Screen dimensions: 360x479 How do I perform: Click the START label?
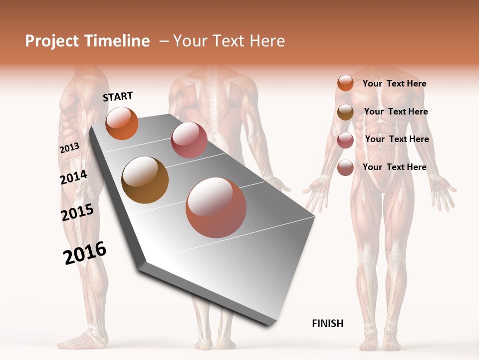click(x=118, y=96)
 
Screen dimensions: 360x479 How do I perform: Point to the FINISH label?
click(x=328, y=323)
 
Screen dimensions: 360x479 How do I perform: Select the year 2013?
click(x=69, y=148)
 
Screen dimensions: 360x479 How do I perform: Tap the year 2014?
click(x=73, y=177)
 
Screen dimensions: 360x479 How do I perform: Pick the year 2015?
click(x=77, y=213)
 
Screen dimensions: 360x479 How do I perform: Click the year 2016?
click(x=85, y=252)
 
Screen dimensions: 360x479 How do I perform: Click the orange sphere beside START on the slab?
click(x=122, y=123)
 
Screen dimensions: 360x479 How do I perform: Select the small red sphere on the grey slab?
click(x=189, y=140)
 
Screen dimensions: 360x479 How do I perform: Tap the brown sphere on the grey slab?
click(x=145, y=180)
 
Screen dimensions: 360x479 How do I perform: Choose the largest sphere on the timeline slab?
click(x=216, y=207)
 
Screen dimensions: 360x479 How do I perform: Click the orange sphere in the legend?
click(x=345, y=83)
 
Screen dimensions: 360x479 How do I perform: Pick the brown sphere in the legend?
click(x=345, y=112)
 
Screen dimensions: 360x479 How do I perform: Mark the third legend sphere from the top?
click(x=345, y=140)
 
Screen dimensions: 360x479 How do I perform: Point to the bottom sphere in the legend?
click(x=345, y=167)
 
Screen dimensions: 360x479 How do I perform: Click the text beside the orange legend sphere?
click(x=394, y=83)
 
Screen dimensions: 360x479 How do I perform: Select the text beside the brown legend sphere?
click(x=396, y=111)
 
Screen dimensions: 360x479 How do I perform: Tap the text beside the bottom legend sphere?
click(x=394, y=167)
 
